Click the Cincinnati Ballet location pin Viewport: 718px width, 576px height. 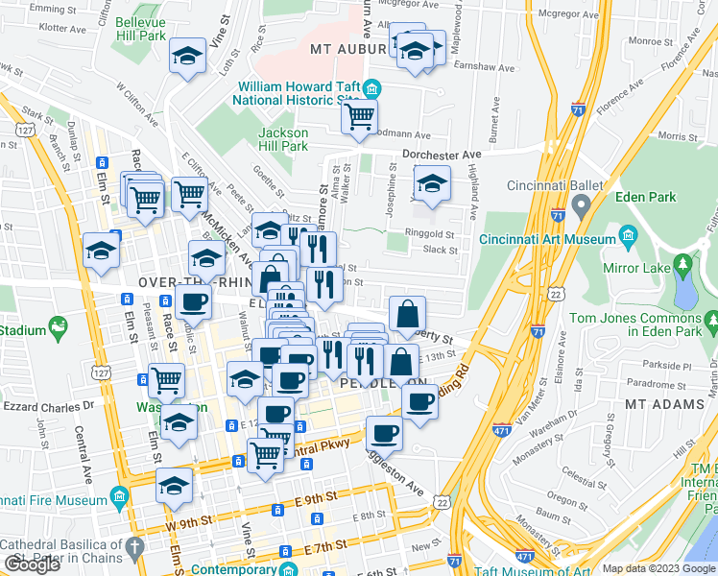point(580,205)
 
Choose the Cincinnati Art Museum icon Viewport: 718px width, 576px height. point(628,236)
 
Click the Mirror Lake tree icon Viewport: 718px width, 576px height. point(682,264)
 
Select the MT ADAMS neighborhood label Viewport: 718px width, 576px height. point(663,404)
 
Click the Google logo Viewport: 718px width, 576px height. point(32,564)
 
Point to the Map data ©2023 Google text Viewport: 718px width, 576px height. point(658,568)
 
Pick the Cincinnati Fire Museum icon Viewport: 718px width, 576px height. point(119,496)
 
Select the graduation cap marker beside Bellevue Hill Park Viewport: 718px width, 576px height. point(187,57)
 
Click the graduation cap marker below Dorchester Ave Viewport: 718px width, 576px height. point(432,183)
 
